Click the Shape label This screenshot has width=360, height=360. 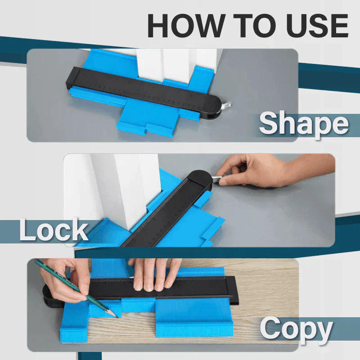(x=304, y=124)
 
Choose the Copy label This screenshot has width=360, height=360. (x=296, y=329)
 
